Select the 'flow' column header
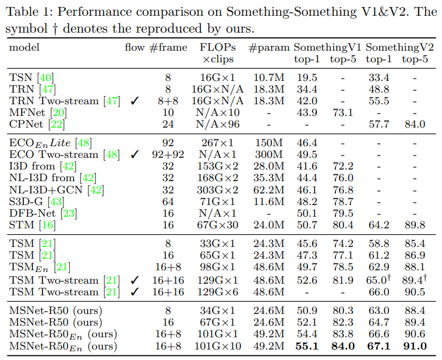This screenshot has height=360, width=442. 135,47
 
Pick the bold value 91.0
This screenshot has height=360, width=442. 415,347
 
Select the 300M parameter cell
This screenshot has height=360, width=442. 268,154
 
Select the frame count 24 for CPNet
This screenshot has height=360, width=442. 168,124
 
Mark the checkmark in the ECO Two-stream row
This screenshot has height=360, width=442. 135,154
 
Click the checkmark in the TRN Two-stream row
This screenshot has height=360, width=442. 135,101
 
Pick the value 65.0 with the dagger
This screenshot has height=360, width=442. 378,280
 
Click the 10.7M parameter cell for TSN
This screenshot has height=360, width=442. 268,77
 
